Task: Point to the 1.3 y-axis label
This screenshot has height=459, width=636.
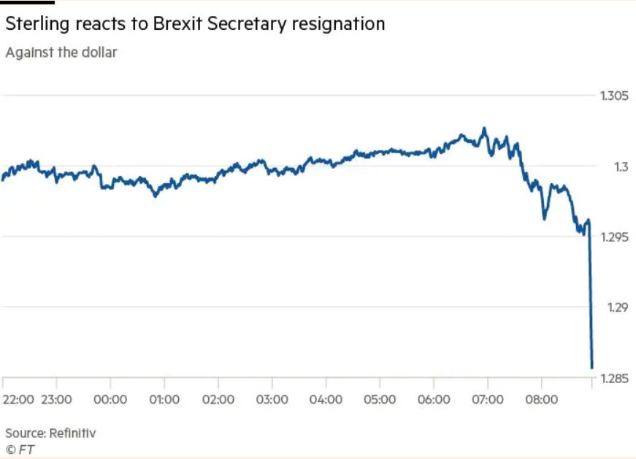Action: pyautogui.click(x=620, y=166)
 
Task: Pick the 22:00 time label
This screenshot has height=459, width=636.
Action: pyautogui.click(x=18, y=399)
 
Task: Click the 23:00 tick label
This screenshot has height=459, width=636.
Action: pyautogui.click(x=56, y=399)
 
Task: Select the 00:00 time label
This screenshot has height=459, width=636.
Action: pyautogui.click(x=110, y=399)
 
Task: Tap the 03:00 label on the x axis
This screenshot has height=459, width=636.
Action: pyautogui.click(x=272, y=399)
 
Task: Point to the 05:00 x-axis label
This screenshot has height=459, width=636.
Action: pyautogui.click(x=380, y=399)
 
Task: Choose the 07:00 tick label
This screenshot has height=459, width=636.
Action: pyautogui.click(x=488, y=399)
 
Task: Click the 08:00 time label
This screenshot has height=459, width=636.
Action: pyautogui.click(x=542, y=399)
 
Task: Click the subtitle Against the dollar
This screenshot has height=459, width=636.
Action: pyautogui.click(x=61, y=53)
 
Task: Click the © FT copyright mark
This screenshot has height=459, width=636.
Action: pyautogui.click(x=20, y=449)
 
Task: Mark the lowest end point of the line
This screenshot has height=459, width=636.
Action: pyautogui.click(x=591, y=368)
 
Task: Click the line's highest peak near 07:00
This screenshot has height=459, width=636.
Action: pyautogui.click(x=483, y=128)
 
